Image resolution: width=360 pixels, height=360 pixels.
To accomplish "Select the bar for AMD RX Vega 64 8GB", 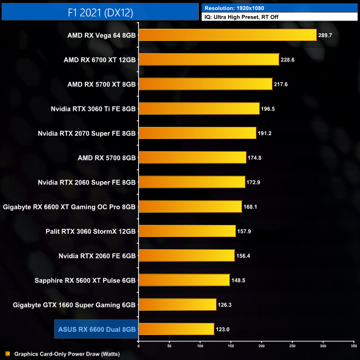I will [x=227, y=35].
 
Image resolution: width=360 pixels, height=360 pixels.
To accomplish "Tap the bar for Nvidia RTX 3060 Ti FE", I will [x=199, y=109].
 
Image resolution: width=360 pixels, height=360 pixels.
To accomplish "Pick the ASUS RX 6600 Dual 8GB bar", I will [x=176, y=329].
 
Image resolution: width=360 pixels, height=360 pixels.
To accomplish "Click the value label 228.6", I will [x=288, y=60].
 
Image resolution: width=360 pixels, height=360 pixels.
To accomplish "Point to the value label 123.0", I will [x=223, y=330].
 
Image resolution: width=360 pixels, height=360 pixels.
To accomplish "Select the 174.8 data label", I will [x=255, y=158].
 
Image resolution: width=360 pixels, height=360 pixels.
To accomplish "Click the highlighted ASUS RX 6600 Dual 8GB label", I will [x=97, y=329].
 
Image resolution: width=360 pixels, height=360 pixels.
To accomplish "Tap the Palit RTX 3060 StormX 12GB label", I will [x=91, y=231].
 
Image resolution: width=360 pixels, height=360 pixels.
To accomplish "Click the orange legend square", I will [x=7, y=353].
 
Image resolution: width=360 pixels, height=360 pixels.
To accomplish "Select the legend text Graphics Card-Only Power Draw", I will [x=67, y=353].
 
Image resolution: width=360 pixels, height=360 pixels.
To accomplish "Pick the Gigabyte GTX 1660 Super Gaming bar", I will [x=177, y=305].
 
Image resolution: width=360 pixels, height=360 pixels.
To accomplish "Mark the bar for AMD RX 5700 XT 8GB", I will [x=205, y=84].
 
